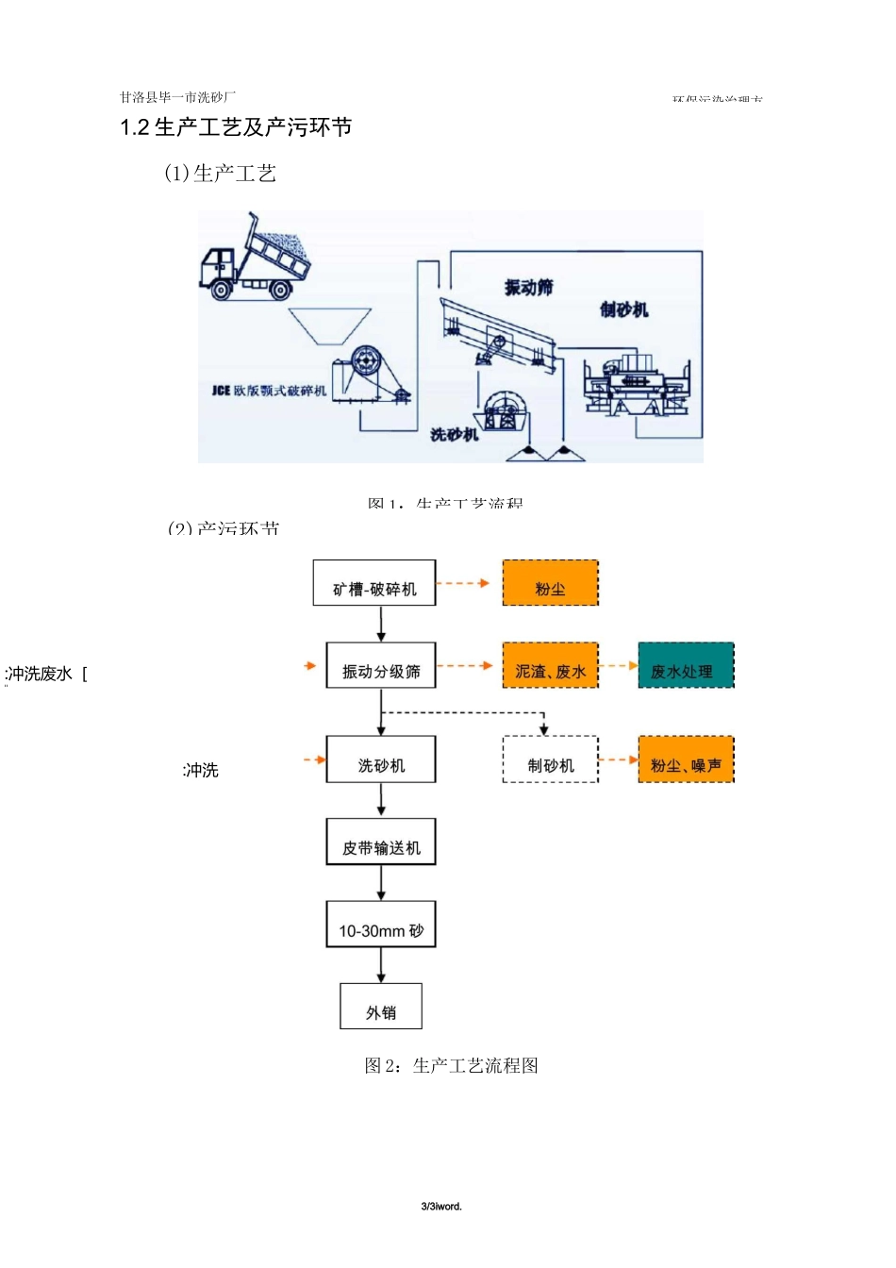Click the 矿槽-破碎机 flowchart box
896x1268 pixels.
click(374, 583)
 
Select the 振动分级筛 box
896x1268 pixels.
click(381, 666)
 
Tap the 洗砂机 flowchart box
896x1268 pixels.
click(381, 759)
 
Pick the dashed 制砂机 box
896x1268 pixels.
click(551, 760)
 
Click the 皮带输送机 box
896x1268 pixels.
click(381, 842)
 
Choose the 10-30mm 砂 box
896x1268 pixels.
click(381, 925)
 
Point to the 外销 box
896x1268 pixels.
click(381, 1007)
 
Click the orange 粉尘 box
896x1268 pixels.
click(551, 583)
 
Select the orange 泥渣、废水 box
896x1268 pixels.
click(551, 666)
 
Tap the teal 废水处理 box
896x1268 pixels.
click(686, 666)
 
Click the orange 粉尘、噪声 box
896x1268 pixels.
click(686, 760)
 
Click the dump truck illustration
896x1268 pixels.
click(254, 259)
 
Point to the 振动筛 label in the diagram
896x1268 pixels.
click(528, 288)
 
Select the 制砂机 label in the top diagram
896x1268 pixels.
click(624, 309)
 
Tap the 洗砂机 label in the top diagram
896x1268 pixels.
click(455, 434)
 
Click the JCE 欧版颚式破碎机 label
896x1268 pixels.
click(269, 391)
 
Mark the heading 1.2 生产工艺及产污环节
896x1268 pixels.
click(236, 127)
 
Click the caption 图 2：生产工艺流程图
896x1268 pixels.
click(451, 1066)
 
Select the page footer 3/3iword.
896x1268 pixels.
click(441, 1207)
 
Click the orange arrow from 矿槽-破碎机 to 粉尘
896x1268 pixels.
click(463, 583)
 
